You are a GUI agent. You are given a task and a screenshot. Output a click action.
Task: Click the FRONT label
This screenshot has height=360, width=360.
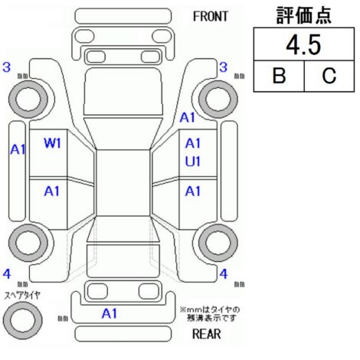point(211,17)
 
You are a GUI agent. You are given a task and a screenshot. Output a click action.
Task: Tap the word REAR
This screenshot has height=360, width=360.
point(207,334)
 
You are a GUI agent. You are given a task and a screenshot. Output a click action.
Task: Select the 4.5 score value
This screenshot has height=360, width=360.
point(303,45)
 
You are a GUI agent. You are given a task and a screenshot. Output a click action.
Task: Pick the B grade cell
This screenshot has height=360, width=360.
point(279,76)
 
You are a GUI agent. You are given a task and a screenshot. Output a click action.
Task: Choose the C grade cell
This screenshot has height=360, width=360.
point(329,76)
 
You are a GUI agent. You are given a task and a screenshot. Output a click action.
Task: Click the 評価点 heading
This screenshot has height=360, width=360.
point(304,15)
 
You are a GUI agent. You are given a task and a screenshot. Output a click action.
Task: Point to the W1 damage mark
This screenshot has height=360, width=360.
point(52,143)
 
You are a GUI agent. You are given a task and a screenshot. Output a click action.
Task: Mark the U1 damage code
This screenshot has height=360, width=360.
point(193,162)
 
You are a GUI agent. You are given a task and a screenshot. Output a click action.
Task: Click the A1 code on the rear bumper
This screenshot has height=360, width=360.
point(110,313)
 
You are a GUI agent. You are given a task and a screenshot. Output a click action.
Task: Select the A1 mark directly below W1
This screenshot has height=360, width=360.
point(51,191)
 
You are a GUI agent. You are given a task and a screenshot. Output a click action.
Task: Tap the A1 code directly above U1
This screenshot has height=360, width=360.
point(193,143)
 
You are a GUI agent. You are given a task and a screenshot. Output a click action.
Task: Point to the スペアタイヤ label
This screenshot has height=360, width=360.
point(22,296)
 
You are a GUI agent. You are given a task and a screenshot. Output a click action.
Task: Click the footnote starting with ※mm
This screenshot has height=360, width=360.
point(210,314)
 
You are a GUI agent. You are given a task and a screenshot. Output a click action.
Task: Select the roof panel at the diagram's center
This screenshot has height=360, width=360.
point(123,183)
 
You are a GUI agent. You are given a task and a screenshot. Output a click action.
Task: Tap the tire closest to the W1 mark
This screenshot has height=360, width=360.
point(28,100)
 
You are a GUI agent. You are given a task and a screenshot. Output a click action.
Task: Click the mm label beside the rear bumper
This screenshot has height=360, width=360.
point(63,319)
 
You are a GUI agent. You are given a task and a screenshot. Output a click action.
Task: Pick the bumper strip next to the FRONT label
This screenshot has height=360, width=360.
point(123,16)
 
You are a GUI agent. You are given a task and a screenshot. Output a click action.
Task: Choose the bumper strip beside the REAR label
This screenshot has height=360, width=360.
point(123,334)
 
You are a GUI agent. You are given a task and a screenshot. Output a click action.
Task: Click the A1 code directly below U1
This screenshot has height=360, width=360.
point(193,191)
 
